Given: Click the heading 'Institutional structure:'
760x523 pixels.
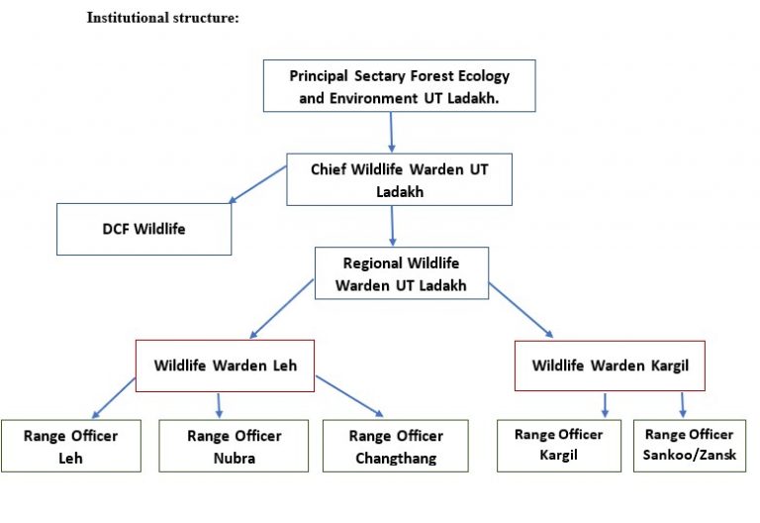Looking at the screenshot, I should tap(163, 18).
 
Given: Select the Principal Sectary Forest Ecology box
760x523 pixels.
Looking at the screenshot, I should tap(400, 86).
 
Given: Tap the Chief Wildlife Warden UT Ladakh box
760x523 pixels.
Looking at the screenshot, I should tap(400, 179).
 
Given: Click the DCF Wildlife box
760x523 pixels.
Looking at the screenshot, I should tap(144, 229).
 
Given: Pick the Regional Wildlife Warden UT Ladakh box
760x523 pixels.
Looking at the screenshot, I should tap(401, 273).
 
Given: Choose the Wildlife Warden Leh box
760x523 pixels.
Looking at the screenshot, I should tap(225, 366).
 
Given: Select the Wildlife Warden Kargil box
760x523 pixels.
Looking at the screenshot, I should tap(611, 366).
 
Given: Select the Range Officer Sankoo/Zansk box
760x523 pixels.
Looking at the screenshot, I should tap(690, 445).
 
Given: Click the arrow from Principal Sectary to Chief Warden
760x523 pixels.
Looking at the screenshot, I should tap(392, 132).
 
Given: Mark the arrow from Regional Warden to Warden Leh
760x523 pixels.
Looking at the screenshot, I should tap(283, 309).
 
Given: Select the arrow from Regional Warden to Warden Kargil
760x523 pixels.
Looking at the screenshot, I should tap(521, 310).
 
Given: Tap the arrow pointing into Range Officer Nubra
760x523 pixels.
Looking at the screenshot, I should tap(219, 404).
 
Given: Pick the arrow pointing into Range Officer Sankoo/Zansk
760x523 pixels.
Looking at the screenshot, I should tap(682, 404).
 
